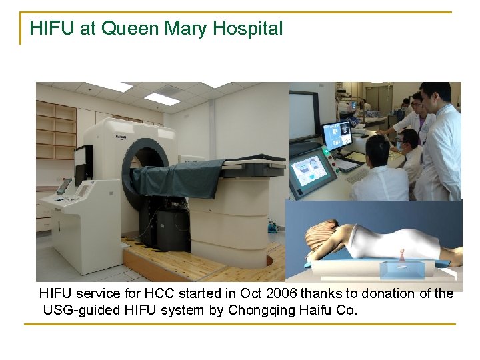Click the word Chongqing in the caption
point(263,310)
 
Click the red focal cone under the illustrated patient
point(401,257)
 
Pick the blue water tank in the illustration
point(403,270)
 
